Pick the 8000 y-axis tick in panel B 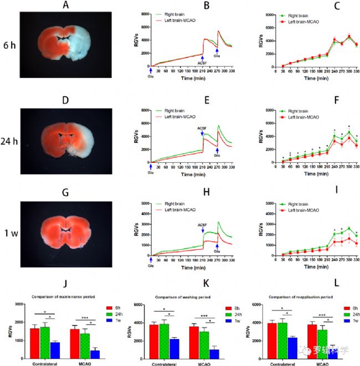[x=145, y=13]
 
